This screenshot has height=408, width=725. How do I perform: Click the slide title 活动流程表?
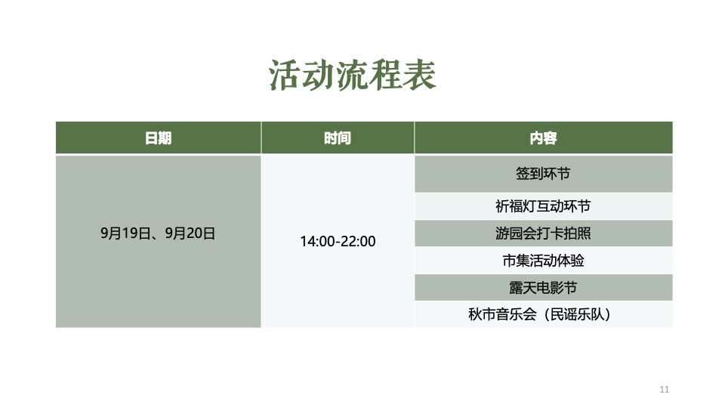click(x=353, y=76)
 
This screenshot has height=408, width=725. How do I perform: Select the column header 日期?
click(x=158, y=138)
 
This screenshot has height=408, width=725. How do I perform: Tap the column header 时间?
click(x=338, y=138)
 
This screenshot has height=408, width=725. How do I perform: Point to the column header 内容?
click(x=543, y=138)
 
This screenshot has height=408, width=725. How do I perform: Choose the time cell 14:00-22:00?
click(x=338, y=242)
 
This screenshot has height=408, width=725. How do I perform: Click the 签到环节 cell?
click(x=543, y=174)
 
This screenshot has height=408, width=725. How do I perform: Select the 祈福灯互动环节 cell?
click(x=543, y=206)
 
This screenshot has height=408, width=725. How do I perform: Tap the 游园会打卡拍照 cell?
click(x=543, y=233)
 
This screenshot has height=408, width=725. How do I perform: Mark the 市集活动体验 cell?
click(x=543, y=261)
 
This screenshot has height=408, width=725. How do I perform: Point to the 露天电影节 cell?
click(x=543, y=288)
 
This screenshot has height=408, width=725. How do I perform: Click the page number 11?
click(x=665, y=390)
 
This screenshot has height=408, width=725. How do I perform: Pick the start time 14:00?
click(x=316, y=242)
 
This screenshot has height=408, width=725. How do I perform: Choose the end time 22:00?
click(x=359, y=242)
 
